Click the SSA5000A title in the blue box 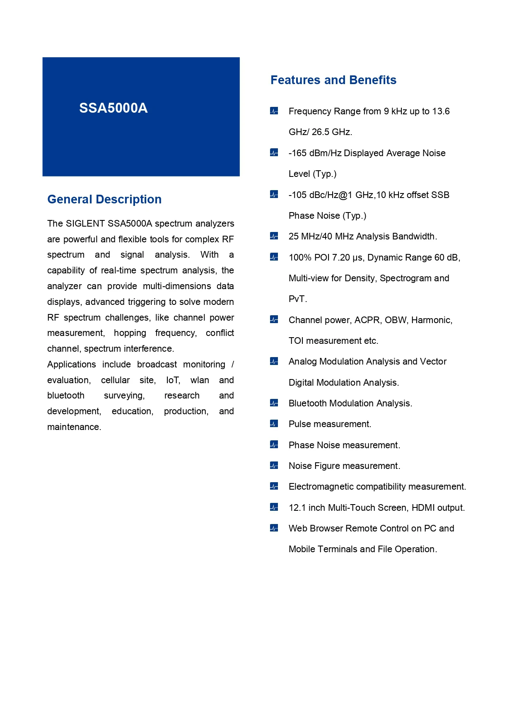point(113,108)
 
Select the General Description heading point(104,199)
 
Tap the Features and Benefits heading point(333,80)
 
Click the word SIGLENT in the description point(85,224)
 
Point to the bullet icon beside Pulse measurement point(274,424)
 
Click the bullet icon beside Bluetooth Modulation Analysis point(274,403)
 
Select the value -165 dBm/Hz point(315,153)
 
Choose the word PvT point(297,299)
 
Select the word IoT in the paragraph point(173,380)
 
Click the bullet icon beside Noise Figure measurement point(274,466)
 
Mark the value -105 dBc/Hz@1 point(320,195)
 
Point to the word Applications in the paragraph point(71,365)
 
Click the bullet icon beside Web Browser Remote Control point(274,528)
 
